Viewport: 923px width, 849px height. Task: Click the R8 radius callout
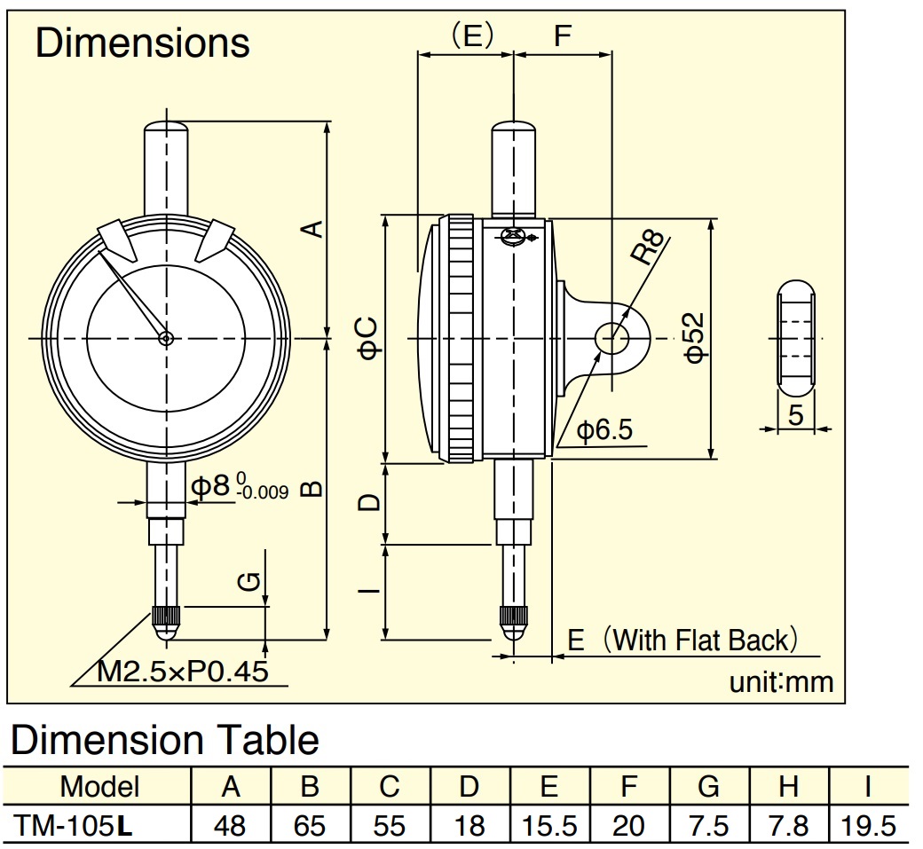pos(648,247)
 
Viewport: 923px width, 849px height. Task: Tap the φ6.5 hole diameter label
pos(604,430)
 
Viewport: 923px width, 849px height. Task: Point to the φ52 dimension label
pos(695,337)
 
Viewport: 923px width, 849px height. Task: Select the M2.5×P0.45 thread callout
pos(183,672)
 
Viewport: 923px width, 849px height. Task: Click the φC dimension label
pos(369,338)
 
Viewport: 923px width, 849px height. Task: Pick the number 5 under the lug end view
pos(795,415)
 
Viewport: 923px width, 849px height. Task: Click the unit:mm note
pos(781,682)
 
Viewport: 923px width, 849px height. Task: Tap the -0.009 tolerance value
pos(264,492)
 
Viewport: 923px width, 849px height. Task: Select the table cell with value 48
pos(230,826)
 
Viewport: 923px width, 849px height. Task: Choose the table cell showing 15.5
pos(548,826)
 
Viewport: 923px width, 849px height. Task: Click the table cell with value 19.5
pos(868,826)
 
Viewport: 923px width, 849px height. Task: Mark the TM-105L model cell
pos(74,826)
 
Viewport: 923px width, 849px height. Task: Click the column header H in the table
pos(788,787)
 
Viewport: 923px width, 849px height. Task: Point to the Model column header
pos(99,787)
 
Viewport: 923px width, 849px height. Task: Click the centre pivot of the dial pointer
pos(166,338)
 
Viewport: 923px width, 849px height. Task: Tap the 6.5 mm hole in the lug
pos(612,338)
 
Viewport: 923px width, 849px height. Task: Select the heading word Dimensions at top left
pos(143,43)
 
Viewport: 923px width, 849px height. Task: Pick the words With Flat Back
pos(699,640)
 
